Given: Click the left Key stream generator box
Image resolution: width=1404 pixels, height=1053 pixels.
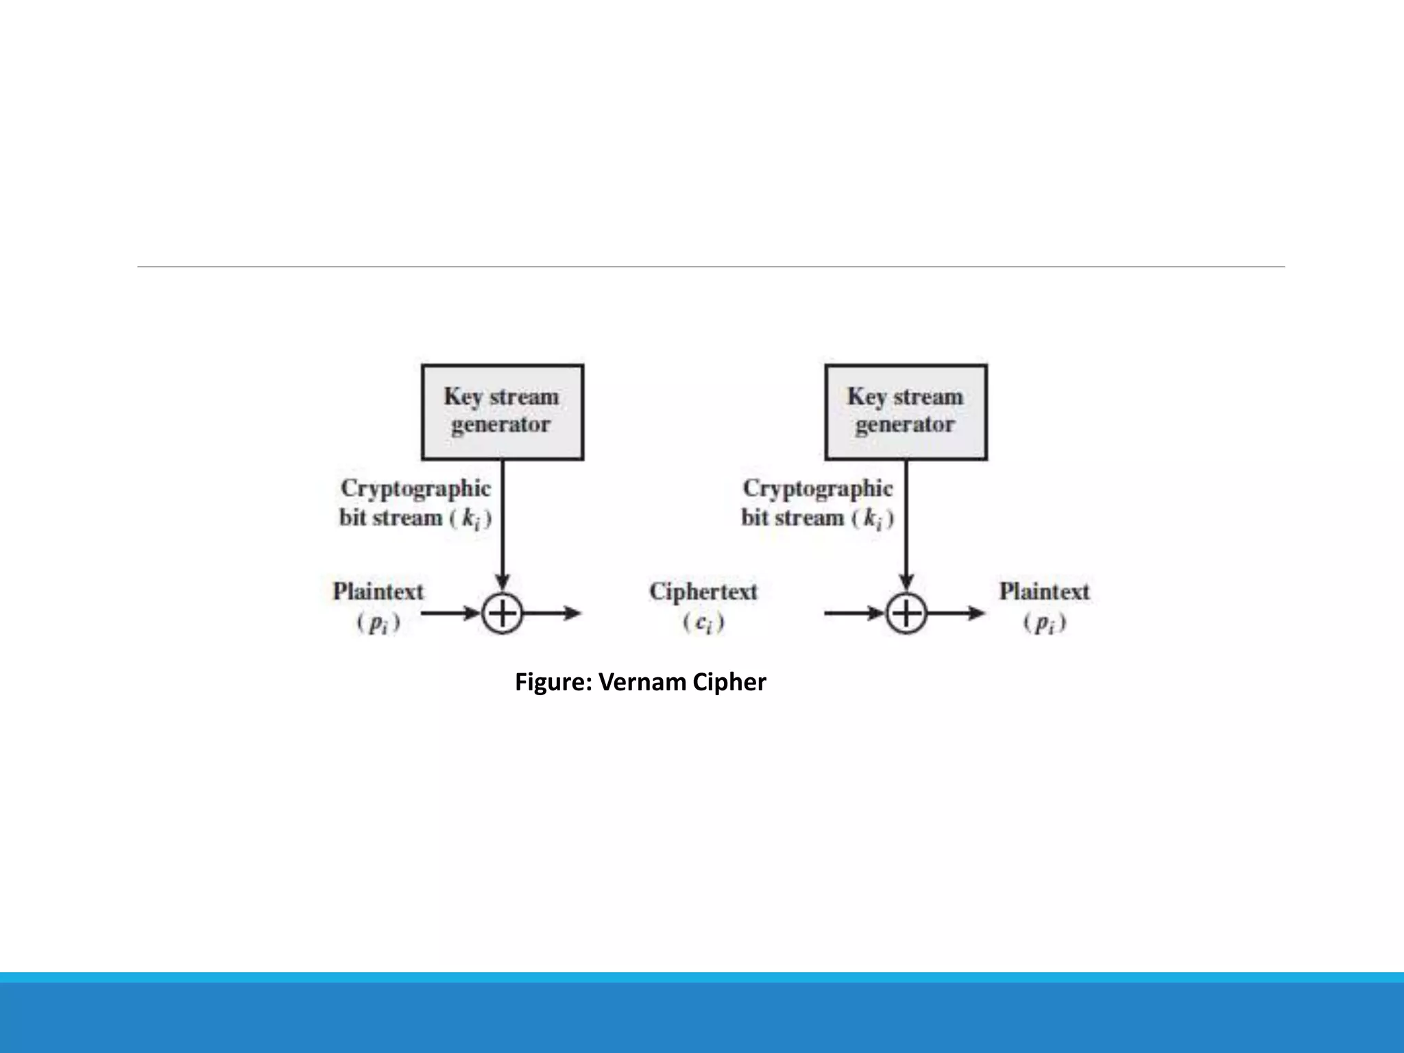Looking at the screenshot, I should click(502, 411).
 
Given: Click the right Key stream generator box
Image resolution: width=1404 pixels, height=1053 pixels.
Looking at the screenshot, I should click(906, 411).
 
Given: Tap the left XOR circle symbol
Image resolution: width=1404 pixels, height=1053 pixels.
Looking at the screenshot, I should click(502, 613).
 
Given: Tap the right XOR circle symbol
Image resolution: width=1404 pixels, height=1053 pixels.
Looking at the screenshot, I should click(906, 613).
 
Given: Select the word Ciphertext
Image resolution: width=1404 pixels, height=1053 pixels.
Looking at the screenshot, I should click(703, 592).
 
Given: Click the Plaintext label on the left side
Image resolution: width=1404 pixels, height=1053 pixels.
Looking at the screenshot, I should click(378, 592).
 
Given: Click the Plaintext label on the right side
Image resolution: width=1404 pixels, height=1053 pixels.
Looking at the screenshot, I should click(1043, 592).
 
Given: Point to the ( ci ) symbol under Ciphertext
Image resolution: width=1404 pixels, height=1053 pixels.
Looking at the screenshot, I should click(703, 623).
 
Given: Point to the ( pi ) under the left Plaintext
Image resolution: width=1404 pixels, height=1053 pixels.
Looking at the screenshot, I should click(378, 623).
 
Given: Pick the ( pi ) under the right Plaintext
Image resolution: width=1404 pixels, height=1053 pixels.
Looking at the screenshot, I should click(1044, 623).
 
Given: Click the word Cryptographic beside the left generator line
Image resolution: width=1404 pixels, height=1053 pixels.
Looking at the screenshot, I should click(415, 489).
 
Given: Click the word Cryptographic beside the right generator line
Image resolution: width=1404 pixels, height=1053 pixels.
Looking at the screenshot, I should click(818, 489).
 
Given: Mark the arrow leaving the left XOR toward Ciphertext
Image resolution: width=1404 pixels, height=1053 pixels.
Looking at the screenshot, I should click(553, 613).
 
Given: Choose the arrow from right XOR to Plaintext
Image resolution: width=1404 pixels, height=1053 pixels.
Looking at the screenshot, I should click(956, 613).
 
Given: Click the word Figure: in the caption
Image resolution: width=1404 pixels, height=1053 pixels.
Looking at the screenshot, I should click(553, 682).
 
